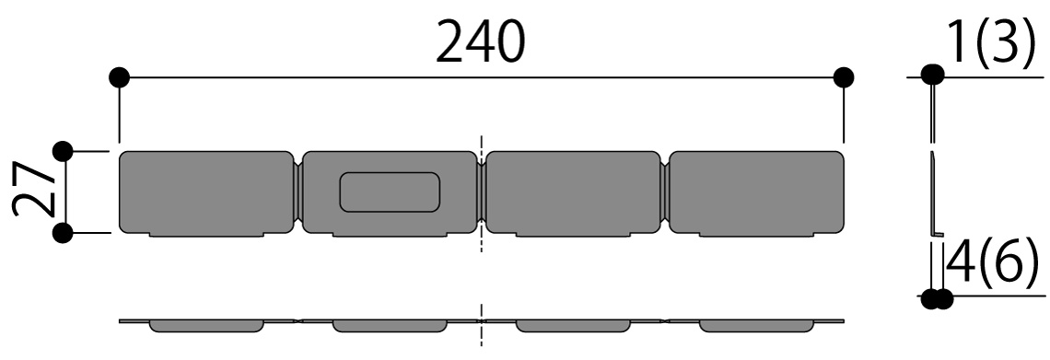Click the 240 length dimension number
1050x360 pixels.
[x=480, y=41]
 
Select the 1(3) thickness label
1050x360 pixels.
[x=992, y=43]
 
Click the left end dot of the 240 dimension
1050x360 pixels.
[x=119, y=77]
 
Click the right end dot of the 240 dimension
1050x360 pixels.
[x=844, y=77]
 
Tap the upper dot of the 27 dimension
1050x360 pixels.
[x=63, y=152]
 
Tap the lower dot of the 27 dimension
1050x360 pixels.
[x=63, y=233]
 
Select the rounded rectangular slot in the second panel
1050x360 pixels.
[x=390, y=192]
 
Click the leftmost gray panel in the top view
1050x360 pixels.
[x=205, y=193]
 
